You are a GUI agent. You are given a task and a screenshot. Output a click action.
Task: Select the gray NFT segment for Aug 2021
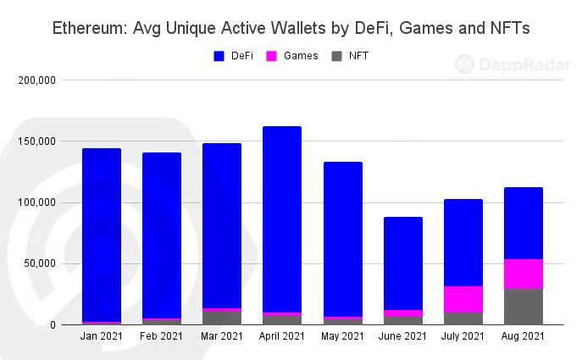click(523, 307)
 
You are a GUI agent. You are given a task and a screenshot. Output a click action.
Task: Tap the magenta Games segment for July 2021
click(463, 299)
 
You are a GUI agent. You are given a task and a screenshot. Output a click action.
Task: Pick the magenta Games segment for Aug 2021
click(523, 274)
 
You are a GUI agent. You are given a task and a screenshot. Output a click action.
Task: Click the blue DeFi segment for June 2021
click(402, 263)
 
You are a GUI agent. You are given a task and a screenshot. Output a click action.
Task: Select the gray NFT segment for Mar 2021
click(222, 318)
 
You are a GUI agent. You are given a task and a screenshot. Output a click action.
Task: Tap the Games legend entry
click(293, 56)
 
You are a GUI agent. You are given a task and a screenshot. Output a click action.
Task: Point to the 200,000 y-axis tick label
click(36, 80)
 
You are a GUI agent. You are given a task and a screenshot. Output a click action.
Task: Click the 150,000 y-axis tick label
click(36, 141)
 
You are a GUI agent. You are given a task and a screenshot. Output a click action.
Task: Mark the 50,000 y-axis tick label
click(39, 263)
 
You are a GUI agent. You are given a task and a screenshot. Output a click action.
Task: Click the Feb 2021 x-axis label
click(162, 336)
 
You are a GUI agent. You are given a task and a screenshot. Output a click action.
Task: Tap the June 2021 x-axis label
click(402, 336)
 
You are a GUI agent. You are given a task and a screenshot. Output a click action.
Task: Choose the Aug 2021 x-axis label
click(523, 336)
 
